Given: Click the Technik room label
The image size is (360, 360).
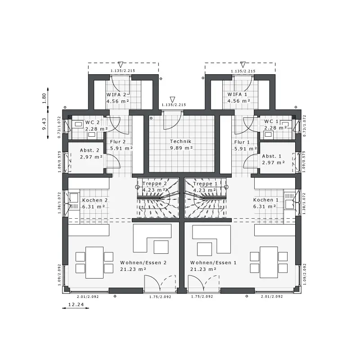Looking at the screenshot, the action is [180, 141].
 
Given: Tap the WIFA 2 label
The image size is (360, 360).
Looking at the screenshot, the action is [116, 94].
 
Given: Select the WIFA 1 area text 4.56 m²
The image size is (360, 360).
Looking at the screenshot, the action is [238, 101].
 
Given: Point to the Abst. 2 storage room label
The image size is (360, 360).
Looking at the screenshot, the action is [90, 150].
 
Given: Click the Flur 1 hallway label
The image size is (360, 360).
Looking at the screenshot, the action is [242, 142].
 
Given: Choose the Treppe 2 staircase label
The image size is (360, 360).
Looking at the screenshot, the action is [154, 184].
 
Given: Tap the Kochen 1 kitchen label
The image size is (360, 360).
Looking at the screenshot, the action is [265, 200].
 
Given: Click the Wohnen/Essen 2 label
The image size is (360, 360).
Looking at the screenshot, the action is [143, 263].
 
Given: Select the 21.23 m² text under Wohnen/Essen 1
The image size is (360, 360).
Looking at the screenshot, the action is [203, 269].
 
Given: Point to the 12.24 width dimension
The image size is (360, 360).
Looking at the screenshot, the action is [76, 305].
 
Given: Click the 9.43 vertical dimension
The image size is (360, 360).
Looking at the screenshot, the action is [44, 124].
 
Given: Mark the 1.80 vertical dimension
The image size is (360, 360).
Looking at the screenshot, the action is [44, 98].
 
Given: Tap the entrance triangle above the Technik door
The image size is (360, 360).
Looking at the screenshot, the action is [172, 99].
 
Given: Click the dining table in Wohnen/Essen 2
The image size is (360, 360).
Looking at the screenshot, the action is [94, 262].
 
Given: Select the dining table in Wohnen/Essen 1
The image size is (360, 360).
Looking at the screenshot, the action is [269, 262].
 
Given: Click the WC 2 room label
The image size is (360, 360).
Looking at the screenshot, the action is [92, 122].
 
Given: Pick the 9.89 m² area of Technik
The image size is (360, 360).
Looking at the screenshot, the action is [181, 148].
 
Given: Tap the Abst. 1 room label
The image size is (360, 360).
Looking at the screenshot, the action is [272, 156].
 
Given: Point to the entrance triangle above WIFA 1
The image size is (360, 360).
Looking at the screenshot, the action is [243, 64].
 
